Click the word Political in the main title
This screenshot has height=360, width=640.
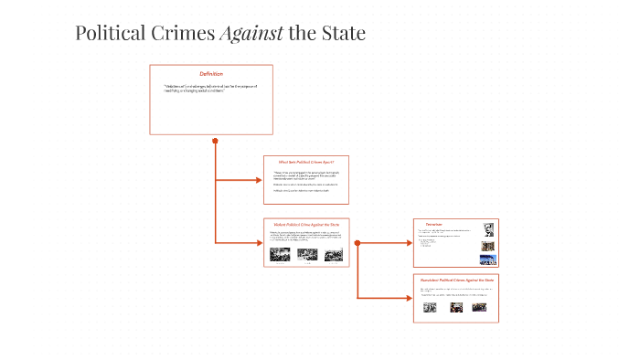(110, 34)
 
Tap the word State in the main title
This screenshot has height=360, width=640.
(340, 34)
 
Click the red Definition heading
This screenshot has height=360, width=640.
(211, 73)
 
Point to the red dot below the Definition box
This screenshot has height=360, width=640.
(216, 141)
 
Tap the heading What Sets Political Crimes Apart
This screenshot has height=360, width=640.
(306, 162)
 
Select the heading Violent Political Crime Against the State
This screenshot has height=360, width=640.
(306, 224)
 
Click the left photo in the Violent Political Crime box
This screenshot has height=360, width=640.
(280, 254)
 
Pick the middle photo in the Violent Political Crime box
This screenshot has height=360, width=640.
(306, 254)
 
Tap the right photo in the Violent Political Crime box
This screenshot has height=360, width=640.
(333, 255)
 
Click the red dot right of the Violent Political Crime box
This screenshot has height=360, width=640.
(357, 242)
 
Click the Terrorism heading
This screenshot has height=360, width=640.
(434, 224)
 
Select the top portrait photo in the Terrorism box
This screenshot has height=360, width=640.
(489, 228)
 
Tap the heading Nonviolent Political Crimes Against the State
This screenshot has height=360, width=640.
(456, 279)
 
